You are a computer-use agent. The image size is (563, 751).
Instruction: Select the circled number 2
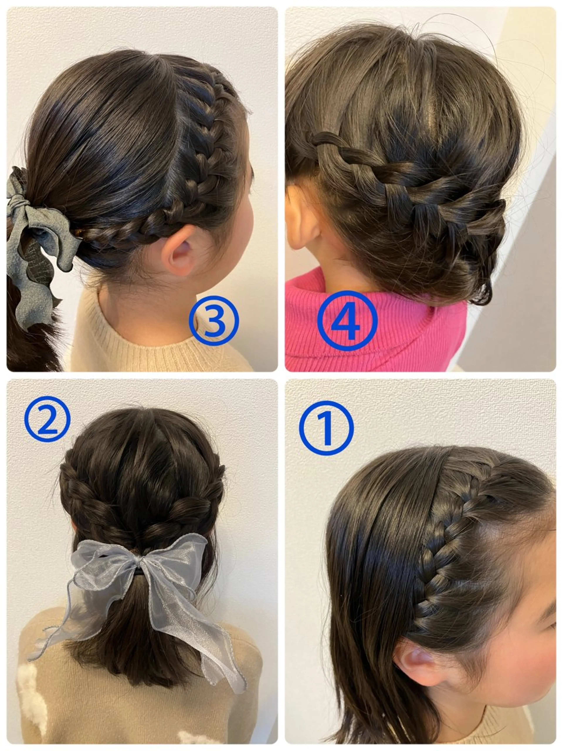(48, 419)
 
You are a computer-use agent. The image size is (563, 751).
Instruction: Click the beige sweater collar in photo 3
(166, 343)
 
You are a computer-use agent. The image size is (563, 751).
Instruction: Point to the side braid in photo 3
(190, 177)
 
